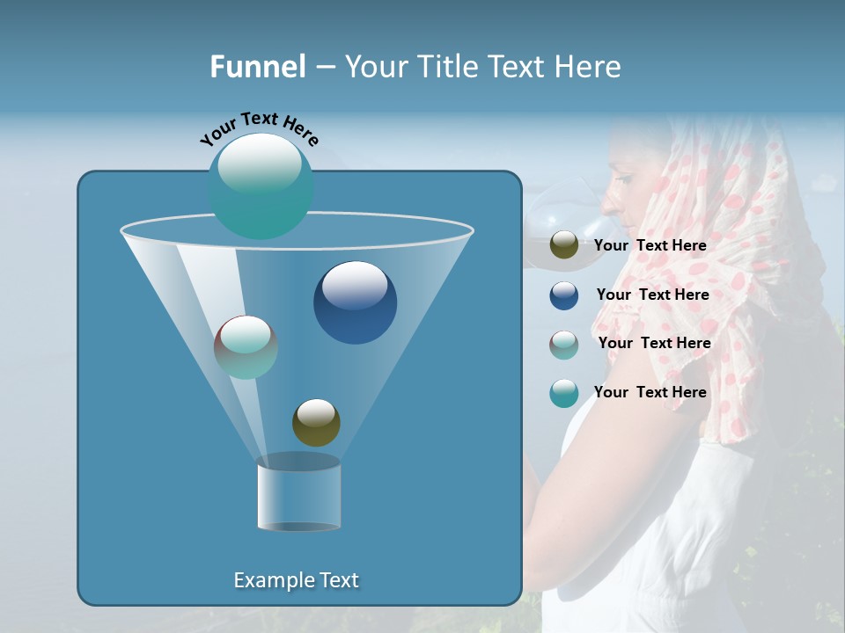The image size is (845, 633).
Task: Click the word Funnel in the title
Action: coord(258,67)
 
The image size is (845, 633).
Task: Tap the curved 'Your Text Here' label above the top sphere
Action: coord(260,128)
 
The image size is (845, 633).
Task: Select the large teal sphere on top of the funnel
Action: coord(261,186)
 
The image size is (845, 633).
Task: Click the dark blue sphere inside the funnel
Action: coord(355,302)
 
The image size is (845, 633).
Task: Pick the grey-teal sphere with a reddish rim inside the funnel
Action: coord(246,347)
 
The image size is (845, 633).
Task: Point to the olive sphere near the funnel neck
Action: coord(316,422)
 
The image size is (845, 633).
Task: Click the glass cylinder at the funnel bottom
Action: coord(298,494)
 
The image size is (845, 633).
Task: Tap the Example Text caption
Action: coord(296,580)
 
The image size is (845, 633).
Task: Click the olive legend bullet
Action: coord(564,245)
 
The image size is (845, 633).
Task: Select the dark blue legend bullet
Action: coord(564,295)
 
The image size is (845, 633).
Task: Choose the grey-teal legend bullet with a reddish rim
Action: coord(564,345)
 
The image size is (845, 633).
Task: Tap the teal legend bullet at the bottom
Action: coord(564,393)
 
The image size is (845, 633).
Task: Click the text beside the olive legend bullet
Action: coord(650,246)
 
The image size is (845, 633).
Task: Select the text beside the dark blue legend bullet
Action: coord(652,295)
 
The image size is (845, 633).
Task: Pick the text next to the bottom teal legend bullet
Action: coord(650,392)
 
